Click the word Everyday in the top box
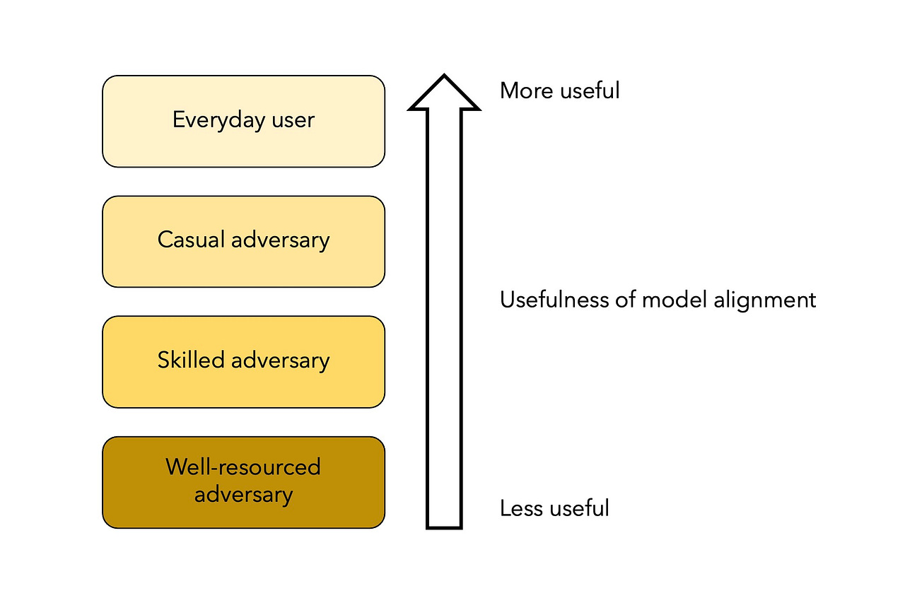point(218,120)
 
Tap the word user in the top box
point(293,120)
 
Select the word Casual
point(191,240)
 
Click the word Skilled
point(191,359)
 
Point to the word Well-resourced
point(243,467)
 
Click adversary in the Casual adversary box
point(281,241)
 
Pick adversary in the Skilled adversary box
point(281,361)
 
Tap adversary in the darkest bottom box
point(244,495)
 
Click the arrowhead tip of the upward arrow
point(444,75)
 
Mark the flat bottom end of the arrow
point(444,527)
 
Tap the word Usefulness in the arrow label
point(554,300)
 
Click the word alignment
point(765,301)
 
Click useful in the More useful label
point(590,90)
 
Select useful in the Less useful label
point(580,508)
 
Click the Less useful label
point(554,508)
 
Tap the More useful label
point(560,90)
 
